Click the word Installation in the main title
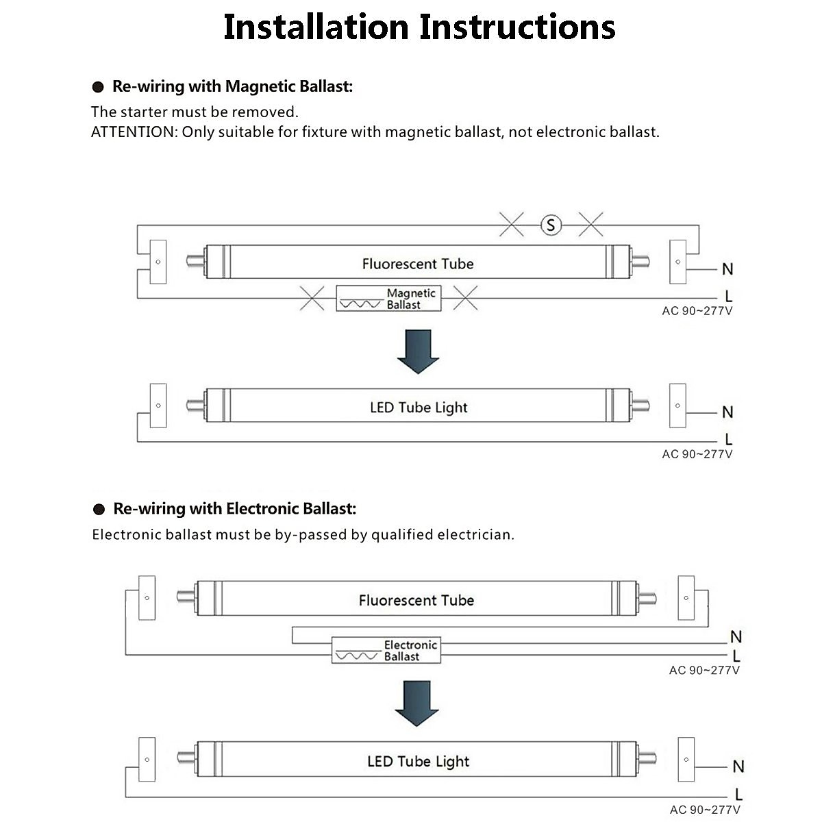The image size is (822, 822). tap(316, 27)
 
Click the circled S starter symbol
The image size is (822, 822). tap(551, 225)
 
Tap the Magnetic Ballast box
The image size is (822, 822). tap(388, 298)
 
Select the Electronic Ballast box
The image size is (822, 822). tap(386, 650)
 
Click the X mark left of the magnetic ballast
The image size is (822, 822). tap(312, 298)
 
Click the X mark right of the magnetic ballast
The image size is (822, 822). tap(466, 298)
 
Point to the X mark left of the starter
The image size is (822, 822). tap(511, 224)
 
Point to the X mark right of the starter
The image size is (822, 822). tap(590, 224)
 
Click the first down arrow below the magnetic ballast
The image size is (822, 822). tap(418, 351)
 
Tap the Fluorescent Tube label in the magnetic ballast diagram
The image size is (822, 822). tap(418, 264)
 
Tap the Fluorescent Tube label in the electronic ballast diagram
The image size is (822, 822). tap(416, 600)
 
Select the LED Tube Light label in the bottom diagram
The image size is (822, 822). tap(418, 761)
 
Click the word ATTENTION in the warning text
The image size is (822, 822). tap(134, 132)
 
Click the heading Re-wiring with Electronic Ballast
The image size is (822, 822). tap(234, 508)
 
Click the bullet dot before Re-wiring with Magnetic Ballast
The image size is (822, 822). tap(99, 87)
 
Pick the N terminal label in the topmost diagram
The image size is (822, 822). tap(727, 269)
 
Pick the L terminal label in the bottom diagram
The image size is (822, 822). tap(738, 795)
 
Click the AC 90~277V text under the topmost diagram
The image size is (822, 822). tap(697, 311)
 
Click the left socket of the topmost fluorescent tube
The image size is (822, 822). tap(158, 262)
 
